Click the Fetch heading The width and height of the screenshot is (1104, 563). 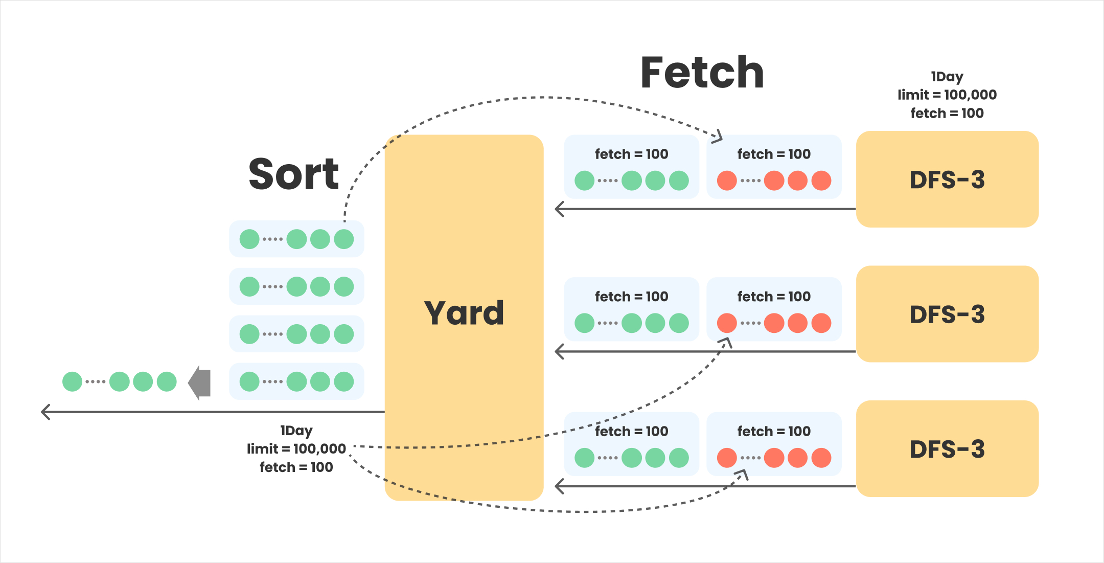(702, 73)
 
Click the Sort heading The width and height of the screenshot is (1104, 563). (293, 174)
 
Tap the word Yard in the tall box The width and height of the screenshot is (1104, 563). (464, 313)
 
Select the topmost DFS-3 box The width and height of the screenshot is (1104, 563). (947, 179)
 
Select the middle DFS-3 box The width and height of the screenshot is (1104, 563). (947, 314)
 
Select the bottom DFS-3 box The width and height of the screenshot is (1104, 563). (947, 449)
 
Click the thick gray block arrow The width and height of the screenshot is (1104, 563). (200, 382)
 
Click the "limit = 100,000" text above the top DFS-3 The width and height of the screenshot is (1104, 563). (947, 95)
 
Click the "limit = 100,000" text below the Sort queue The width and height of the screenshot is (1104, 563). (296, 448)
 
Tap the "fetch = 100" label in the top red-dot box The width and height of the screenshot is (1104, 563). (774, 154)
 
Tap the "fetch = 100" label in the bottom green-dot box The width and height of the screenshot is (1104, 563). (631, 431)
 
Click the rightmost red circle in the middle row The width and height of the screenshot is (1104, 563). (821, 323)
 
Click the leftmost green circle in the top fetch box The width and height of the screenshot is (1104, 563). (584, 181)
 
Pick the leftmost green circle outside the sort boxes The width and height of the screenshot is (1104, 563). (72, 381)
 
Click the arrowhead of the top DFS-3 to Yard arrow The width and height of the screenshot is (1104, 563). (558, 209)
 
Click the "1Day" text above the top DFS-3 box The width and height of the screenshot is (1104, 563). (947, 77)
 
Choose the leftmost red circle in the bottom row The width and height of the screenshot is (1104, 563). (727, 458)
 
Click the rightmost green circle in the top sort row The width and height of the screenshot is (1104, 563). (344, 239)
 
